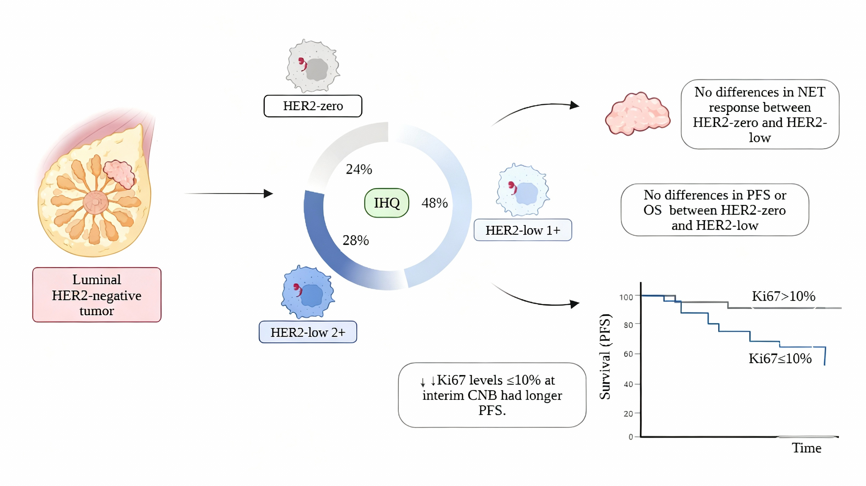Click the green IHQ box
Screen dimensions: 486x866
[x=386, y=203]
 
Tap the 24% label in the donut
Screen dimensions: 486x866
[x=359, y=169]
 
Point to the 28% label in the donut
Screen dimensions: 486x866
[x=356, y=241]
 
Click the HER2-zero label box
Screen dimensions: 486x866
[x=313, y=106]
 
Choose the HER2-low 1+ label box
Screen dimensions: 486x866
[x=522, y=230]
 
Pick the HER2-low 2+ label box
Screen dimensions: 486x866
[x=308, y=332]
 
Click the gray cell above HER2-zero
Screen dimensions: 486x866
[x=313, y=66]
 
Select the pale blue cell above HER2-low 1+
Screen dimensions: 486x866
[x=522, y=190]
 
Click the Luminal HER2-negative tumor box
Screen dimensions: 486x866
[x=97, y=295]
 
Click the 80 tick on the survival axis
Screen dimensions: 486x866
[x=628, y=325]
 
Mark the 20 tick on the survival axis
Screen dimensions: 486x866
[x=628, y=414]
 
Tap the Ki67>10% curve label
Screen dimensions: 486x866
[x=783, y=296]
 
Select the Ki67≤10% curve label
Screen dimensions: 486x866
[x=780, y=359]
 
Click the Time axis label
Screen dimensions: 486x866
[x=806, y=448]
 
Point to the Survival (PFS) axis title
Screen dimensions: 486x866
[x=605, y=357]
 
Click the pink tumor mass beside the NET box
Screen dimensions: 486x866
[x=637, y=114]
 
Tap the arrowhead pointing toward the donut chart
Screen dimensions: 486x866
[x=268, y=193]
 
